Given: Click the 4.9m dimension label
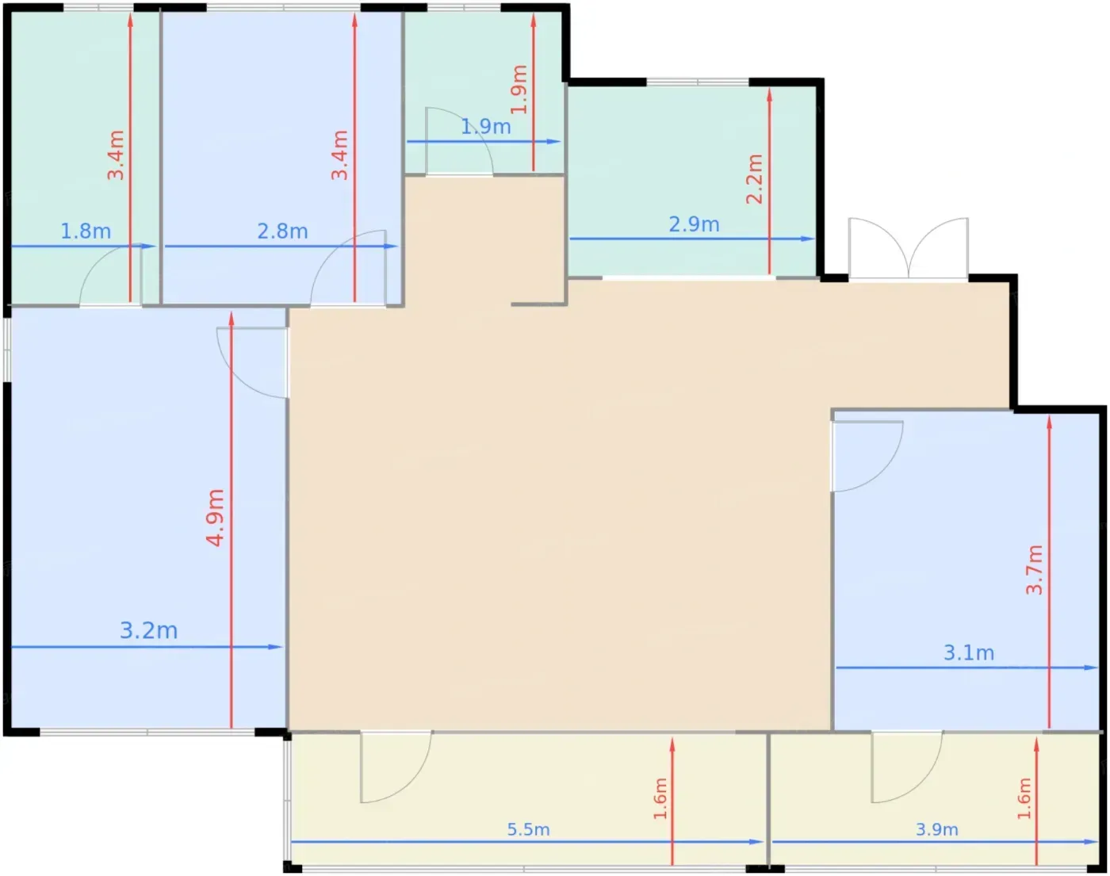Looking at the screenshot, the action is pos(215,518).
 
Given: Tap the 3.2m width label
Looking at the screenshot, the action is pos(148,630).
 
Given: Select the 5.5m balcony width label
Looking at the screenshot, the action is pos(528,829).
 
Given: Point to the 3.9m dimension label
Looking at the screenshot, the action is pos(936,829).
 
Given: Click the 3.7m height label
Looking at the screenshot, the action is pos(1034,569).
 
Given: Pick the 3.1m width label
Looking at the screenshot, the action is pos(969,653).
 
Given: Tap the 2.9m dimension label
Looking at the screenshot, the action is pos(694,224).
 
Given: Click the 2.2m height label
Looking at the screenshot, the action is pos(754,179).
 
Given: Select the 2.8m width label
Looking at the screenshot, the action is pos(282,231).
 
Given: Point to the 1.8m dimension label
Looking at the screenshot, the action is pos(86,231).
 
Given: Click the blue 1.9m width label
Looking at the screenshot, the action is pos(485,126).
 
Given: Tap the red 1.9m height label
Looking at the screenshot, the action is pos(519,90).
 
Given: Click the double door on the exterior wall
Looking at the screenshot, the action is pos(909,249).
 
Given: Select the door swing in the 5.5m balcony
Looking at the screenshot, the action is pos(396,767).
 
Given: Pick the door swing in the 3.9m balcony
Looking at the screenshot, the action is pos(907,767).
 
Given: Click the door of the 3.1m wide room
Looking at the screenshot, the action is pos(867,456).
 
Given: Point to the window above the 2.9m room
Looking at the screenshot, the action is pos(698,82).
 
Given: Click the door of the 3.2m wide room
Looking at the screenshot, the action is pos(251,362).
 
